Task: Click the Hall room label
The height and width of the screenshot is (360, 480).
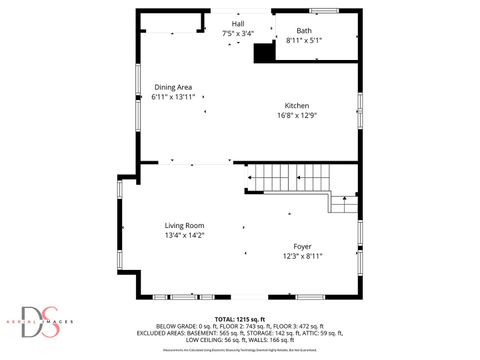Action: [x=238, y=23]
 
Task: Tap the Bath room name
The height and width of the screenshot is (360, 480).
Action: [x=303, y=30]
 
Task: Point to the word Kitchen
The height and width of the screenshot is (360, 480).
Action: [x=297, y=106]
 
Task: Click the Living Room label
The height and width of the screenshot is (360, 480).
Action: [x=184, y=225]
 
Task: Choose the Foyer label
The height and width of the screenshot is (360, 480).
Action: [x=302, y=246]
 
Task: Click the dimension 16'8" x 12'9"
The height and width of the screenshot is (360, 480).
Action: [x=297, y=115]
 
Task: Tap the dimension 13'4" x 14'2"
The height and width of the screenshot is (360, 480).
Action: [x=184, y=235]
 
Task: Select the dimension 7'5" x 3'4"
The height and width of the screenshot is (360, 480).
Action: [x=238, y=33]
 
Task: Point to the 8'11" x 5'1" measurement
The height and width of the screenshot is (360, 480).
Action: [x=303, y=40]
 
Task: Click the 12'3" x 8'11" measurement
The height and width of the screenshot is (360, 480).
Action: [x=302, y=256]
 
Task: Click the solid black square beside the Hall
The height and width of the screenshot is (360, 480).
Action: [x=264, y=52]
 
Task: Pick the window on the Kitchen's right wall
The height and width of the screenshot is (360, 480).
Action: [x=359, y=108]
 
